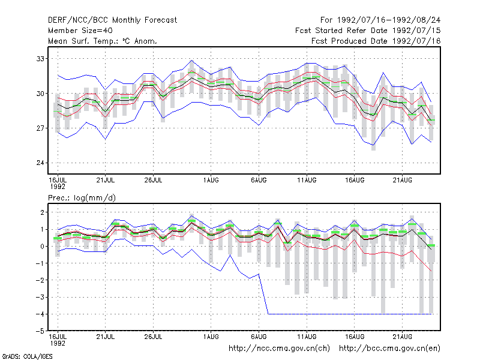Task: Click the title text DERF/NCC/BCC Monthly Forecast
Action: (x=112, y=20)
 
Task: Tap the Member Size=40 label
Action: (x=80, y=31)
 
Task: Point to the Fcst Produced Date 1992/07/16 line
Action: (x=376, y=41)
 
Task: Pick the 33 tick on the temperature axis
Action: (x=40, y=59)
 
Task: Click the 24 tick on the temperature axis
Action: (x=40, y=163)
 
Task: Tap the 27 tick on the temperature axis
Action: (x=40, y=128)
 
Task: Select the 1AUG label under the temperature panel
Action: (x=211, y=180)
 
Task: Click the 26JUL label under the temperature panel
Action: (x=153, y=180)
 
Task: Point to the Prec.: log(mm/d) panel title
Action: (x=82, y=198)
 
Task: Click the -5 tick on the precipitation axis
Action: (x=40, y=331)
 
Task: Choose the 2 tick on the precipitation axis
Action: (x=42, y=212)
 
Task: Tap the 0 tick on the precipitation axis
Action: (x=42, y=247)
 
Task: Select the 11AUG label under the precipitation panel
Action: (x=307, y=337)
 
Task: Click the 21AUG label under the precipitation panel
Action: (x=402, y=337)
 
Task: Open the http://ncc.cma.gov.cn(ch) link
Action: (x=279, y=349)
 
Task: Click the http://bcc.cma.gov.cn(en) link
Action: (x=389, y=349)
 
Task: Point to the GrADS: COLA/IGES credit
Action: (x=28, y=356)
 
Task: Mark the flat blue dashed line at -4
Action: (x=350, y=314)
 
